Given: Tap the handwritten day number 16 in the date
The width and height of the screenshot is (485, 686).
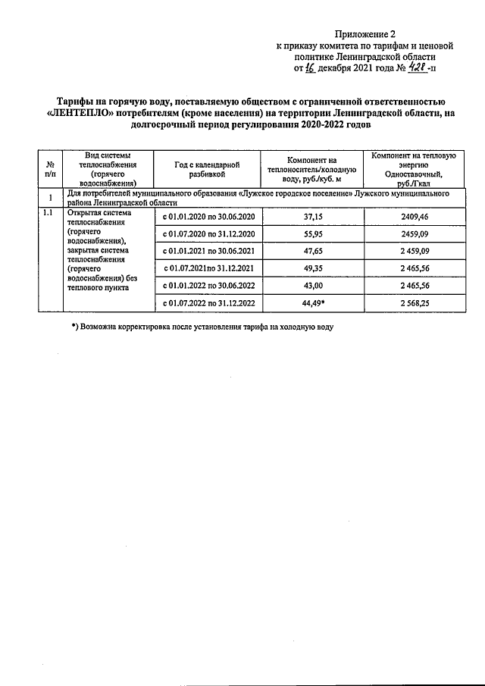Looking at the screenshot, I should (309, 68).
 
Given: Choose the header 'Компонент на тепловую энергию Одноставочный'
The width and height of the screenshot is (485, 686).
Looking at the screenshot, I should (413, 169).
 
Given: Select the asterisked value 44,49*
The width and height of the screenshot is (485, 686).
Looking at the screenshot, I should (312, 303).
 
